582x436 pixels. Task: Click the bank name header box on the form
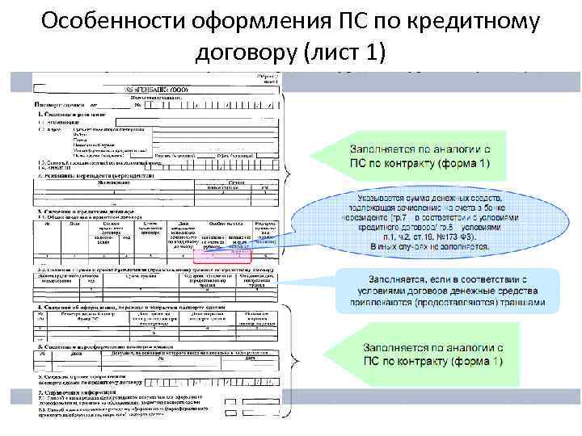point(157,89)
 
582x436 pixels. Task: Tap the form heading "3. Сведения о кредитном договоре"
point(89,210)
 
